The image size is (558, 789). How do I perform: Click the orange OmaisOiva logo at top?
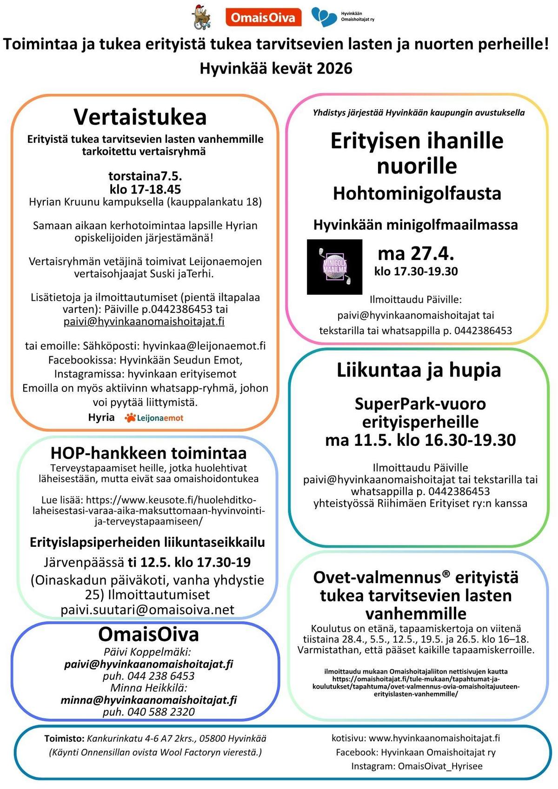[x=263, y=18]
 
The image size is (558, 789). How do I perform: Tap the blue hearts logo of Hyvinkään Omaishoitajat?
[x=324, y=17]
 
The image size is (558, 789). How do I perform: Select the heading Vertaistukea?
[x=140, y=117]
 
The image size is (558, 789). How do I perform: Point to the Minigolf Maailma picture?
[x=334, y=267]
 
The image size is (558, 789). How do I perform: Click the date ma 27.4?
[x=416, y=253]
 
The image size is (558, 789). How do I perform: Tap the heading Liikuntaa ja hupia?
[x=418, y=370]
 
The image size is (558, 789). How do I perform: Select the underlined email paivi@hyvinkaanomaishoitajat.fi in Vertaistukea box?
[x=144, y=321]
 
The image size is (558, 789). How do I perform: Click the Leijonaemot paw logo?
[x=130, y=418]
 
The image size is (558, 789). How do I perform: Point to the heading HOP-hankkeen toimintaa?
[x=148, y=452]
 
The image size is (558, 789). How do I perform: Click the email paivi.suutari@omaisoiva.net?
[x=147, y=610]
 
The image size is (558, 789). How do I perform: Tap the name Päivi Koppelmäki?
[x=147, y=652]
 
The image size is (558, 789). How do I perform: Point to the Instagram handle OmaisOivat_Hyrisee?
[x=440, y=766]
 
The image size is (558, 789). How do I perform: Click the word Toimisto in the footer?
[x=64, y=738]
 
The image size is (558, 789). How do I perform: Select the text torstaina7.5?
[x=145, y=176]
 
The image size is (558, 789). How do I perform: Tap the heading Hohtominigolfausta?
[x=417, y=193]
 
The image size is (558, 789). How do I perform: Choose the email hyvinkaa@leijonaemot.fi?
[x=204, y=345]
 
